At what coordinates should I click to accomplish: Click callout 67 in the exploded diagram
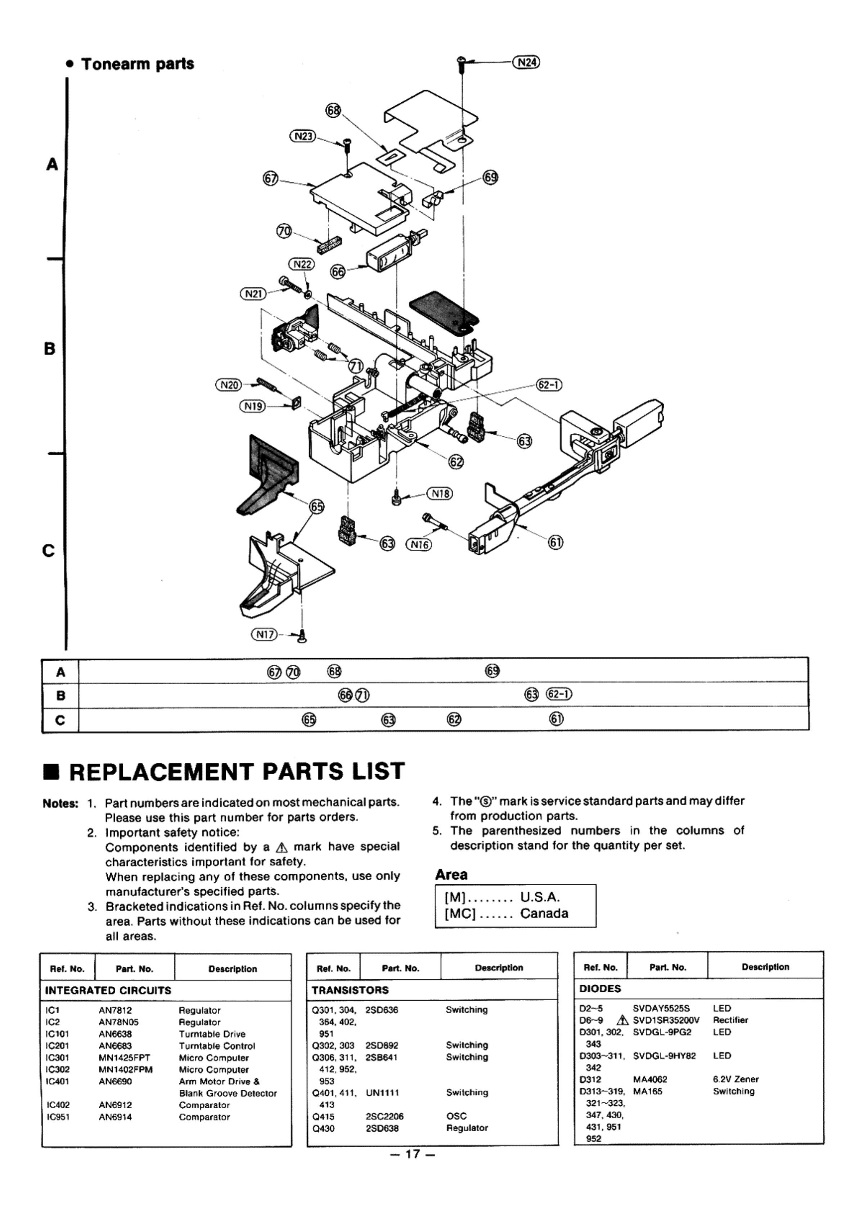tap(271, 179)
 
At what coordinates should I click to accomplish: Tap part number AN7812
tap(116, 1010)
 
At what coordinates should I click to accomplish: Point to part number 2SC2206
tap(384, 1116)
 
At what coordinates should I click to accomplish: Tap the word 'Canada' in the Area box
tap(544, 913)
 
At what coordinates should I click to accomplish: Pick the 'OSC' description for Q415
tap(456, 1116)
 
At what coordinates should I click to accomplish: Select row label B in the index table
tap(60, 695)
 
